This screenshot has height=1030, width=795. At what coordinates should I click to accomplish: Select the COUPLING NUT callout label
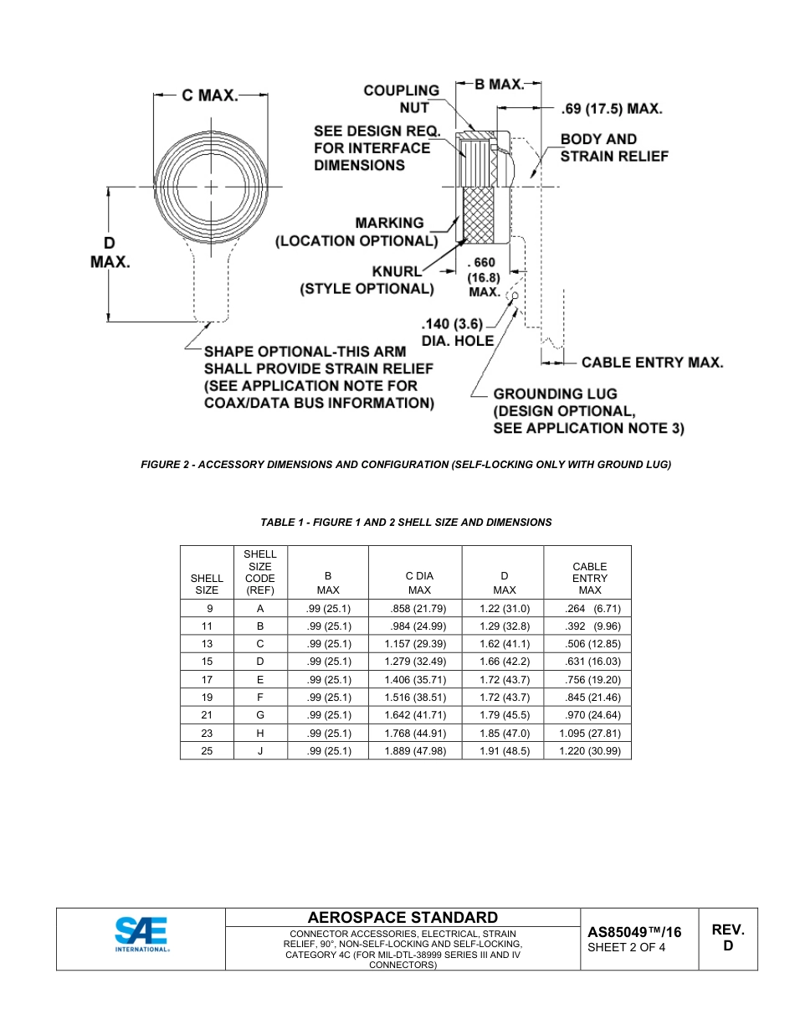coord(401,99)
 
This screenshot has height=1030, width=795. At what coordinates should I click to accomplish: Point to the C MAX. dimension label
coord(210,95)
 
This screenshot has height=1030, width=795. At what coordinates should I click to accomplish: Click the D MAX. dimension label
coord(110,252)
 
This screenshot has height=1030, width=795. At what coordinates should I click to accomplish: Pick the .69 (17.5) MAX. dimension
coord(612,109)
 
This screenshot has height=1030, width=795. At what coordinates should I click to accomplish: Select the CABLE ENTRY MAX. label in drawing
coord(652,363)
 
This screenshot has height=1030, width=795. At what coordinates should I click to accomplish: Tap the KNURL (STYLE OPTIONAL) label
coord(367,281)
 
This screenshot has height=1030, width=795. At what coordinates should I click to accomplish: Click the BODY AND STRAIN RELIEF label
coord(613,147)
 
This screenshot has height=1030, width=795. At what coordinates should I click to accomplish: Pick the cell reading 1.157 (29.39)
coord(414,644)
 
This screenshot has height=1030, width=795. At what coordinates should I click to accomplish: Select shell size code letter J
coord(260,751)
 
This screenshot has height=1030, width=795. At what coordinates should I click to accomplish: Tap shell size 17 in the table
coord(207,680)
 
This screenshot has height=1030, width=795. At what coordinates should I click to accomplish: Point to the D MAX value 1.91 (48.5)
coord(504,751)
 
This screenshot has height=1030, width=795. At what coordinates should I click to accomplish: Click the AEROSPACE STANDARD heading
coord(403,918)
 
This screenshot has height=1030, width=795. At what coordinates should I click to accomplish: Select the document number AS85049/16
coord(634,932)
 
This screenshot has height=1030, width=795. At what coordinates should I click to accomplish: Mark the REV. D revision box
coord(728,938)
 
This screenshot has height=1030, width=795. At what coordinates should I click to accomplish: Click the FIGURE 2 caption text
coord(406,464)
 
